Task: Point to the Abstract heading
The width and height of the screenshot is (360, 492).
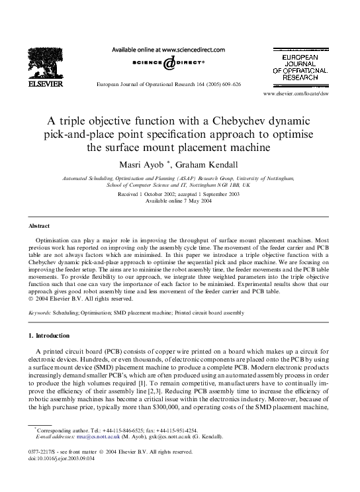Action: pyautogui.click(x=39, y=226)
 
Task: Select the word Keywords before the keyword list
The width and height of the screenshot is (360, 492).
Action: pyautogui.click(x=42, y=311)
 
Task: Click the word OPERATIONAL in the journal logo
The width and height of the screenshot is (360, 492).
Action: pyautogui.click(x=304, y=69)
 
